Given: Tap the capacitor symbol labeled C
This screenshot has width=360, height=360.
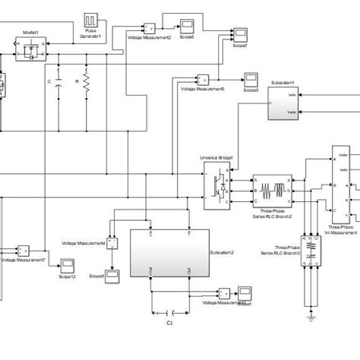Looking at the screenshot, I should tap(58, 84).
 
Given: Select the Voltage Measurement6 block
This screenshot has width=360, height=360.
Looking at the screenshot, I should tap(203, 79).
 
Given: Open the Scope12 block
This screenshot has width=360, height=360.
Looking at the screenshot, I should tap(67, 264).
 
